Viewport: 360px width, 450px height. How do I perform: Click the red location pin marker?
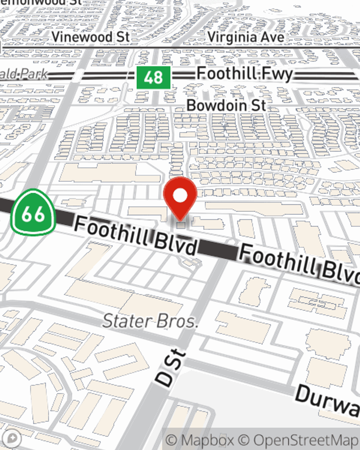tap(180, 198)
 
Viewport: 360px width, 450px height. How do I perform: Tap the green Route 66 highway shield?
tap(33, 213)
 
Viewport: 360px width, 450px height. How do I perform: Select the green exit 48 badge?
tap(153, 77)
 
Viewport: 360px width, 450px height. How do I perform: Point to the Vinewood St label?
tap(90, 37)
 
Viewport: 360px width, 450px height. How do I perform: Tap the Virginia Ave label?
tap(246, 37)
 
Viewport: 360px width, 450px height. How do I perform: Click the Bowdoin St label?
tap(226, 105)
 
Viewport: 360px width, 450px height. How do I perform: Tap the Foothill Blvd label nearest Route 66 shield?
tap(136, 236)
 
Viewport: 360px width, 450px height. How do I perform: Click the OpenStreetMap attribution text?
tap(306, 440)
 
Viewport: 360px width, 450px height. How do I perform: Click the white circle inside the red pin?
tap(180, 196)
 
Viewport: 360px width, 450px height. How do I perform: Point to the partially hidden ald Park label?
tap(24, 75)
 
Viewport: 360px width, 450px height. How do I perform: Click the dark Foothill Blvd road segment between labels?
tap(218, 250)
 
